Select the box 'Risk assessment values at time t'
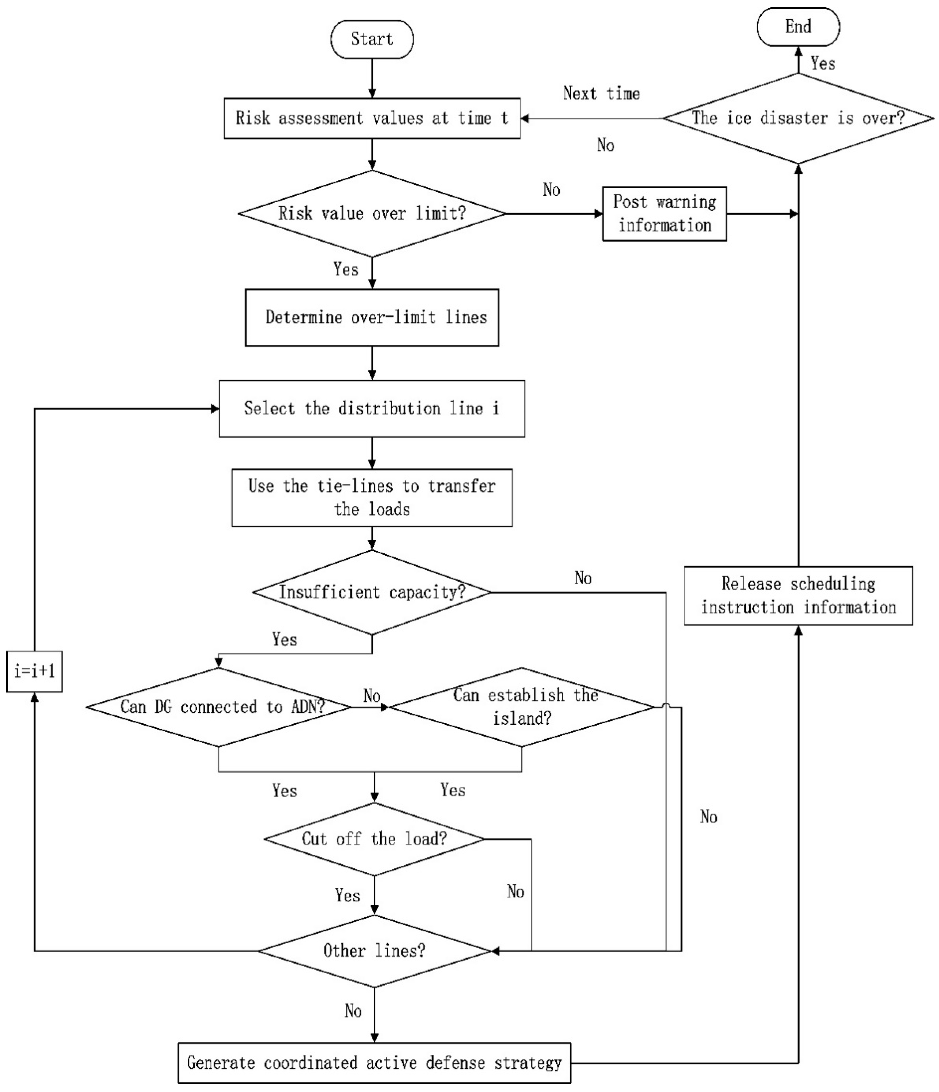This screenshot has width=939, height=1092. pyautogui.click(x=372, y=118)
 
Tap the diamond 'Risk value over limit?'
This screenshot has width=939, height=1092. pyautogui.click(x=372, y=213)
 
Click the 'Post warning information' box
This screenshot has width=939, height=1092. pyautogui.click(x=664, y=213)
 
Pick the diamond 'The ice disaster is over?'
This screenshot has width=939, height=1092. pyautogui.click(x=798, y=118)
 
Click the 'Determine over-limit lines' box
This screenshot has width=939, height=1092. pyautogui.click(x=372, y=317)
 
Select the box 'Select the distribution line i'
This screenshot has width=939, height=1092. pyautogui.click(x=372, y=408)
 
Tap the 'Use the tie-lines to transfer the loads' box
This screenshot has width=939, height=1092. pyautogui.click(x=372, y=498)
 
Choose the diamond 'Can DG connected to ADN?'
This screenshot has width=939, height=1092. pyautogui.click(x=219, y=707)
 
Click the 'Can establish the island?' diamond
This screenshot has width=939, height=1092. pyautogui.click(x=521, y=707)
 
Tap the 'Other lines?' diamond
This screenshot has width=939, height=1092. pyautogui.click(x=374, y=951)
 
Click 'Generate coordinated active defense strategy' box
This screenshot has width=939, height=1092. pyautogui.click(x=374, y=1062)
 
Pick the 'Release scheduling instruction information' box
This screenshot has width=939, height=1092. pyautogui.click(x=798, y=596)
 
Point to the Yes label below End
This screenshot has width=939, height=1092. pyautogui.click(x=823, y=64)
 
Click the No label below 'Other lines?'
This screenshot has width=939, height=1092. pyautogui.click(x=353, y=1011)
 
